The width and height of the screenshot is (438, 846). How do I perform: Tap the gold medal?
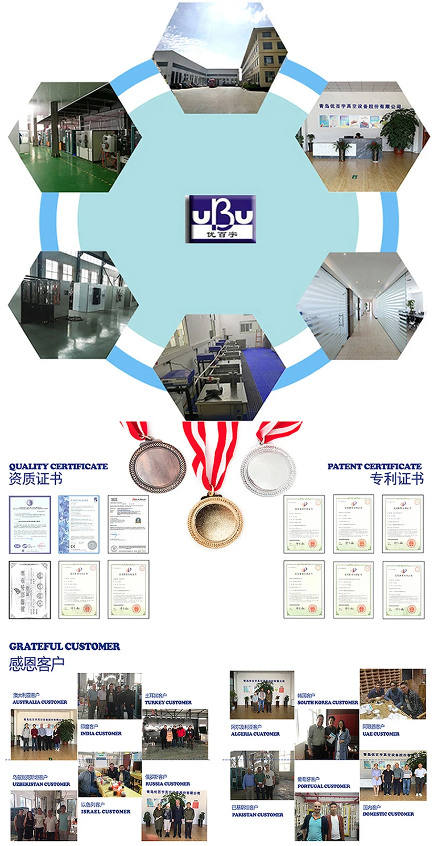pyautogui.click(x=215, y=518)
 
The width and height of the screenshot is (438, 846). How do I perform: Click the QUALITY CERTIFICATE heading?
pyautogui.click(x=58, y=466)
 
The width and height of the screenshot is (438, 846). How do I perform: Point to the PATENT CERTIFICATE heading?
pyautogui.click(x=374, y=466)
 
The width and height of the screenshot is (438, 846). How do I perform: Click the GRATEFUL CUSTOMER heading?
pyautogui.click(x=64, y=647)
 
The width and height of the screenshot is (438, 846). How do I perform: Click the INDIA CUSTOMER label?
pyautogui.click(x=101, y=734)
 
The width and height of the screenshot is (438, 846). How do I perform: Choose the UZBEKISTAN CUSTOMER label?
pyautogui.click(x=41, y=784)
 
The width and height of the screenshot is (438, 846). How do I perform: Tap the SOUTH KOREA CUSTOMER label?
pyautogui.click(x=328, y=702)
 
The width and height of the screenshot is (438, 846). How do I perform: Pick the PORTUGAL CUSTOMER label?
pyautogui.click(x=324, y=786)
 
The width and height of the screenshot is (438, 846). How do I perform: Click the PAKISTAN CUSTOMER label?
pyautogui.click(x=258, y=815)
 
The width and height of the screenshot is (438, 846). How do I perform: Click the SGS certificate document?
pyautogui.click(x=129, y=524)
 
